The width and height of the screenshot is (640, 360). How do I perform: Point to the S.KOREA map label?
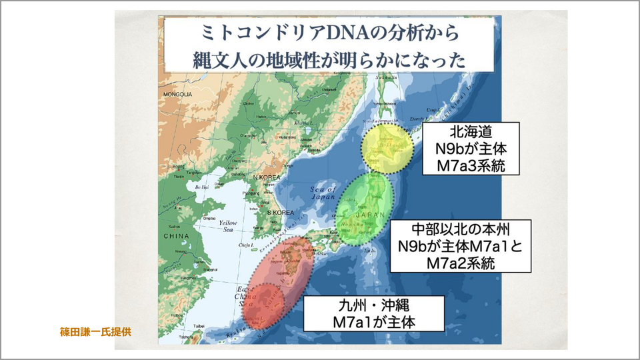[280, 212]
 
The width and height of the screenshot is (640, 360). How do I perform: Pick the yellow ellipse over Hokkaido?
[387, 148]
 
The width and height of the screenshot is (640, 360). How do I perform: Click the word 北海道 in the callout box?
[466, 133]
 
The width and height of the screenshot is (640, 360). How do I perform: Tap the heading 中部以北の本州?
[460, 229]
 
